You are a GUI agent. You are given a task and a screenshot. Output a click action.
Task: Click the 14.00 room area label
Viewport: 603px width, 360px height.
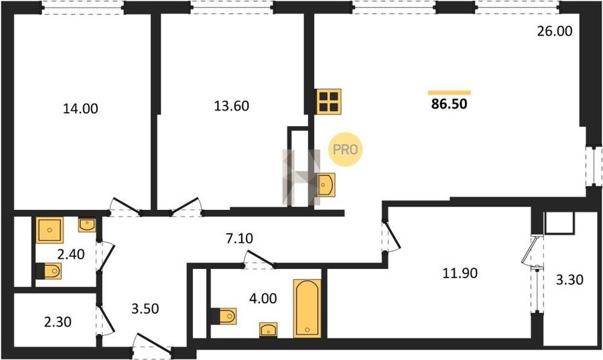pos(80,109)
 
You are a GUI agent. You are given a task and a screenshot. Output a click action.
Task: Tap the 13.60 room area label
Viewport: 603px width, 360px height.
pos(232,105)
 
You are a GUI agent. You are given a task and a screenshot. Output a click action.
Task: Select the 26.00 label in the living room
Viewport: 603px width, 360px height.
pos(555,31)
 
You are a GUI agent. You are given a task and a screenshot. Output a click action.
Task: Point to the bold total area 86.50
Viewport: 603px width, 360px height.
pos(449,104)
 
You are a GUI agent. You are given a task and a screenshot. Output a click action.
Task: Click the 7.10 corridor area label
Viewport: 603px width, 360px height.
pos(239,239)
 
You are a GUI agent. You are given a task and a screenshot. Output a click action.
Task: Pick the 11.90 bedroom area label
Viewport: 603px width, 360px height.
pos(460,273)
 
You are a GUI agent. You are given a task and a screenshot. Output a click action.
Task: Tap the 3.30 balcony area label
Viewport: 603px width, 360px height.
pos(570,280)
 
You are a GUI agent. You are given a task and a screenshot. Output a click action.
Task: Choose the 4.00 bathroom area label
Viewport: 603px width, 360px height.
pos(263,298)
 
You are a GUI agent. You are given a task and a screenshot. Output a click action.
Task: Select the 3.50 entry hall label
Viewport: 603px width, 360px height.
pos(145,308)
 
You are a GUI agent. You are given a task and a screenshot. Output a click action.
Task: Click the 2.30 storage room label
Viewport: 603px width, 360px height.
pos(58,322)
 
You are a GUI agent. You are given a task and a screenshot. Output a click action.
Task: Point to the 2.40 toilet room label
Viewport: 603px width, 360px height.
pos(71,254)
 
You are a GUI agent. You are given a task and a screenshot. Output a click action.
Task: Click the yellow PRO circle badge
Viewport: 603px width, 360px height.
pos(345,149)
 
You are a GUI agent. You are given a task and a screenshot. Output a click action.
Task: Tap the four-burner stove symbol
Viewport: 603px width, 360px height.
pos(329,101)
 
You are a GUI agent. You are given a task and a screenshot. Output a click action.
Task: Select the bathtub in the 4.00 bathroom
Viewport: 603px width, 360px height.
pos(307,308)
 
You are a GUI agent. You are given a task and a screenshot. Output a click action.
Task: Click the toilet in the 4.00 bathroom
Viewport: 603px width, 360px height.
pos(224,316)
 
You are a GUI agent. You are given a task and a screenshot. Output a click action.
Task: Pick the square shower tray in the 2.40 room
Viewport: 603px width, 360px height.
pos(50,230)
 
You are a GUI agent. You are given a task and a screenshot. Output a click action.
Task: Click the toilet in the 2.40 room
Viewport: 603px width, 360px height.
pos(49,271)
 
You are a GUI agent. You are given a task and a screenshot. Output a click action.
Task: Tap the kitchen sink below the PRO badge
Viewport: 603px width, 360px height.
pos(325,184)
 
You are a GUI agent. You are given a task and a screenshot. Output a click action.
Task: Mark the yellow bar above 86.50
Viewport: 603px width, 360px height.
pos(449,93)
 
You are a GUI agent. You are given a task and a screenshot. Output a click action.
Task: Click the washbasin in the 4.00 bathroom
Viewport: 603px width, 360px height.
pos(269,330)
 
